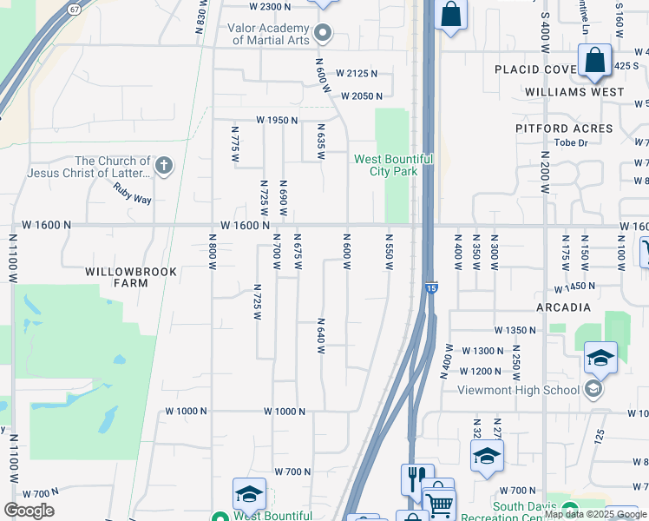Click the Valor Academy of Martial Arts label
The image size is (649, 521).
269,34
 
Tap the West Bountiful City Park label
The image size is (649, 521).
393,165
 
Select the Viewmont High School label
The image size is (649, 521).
519,390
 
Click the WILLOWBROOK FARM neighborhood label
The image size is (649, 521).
131,277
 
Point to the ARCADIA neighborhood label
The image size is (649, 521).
563,307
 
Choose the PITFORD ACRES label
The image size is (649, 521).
564,129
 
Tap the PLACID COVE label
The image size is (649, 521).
534,69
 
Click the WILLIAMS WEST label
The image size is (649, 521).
574,91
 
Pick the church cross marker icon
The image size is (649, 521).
164,165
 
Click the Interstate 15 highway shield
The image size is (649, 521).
431,287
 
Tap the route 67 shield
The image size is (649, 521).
75,8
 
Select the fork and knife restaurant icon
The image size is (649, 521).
413,477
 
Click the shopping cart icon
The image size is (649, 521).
440,504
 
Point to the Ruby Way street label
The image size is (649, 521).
132,199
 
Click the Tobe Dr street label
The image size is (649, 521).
571,142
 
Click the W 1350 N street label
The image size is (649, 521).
516,330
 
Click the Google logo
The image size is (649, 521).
29,511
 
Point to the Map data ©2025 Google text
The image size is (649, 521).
596,515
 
